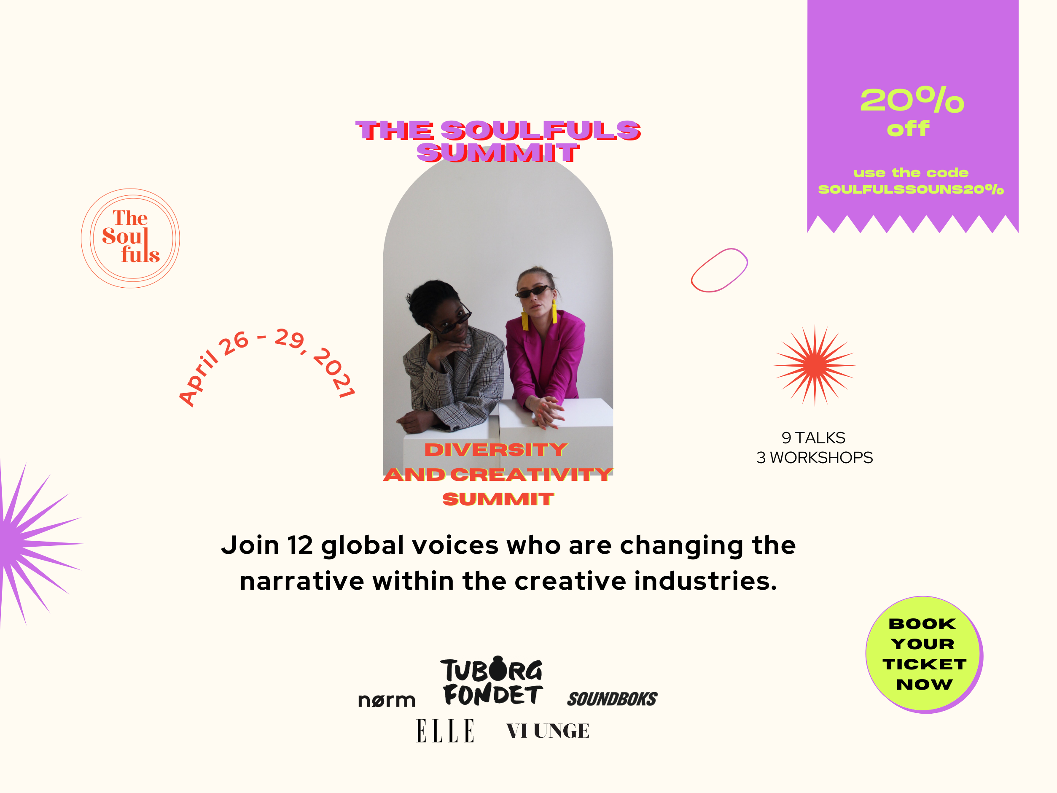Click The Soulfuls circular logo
(130, 238)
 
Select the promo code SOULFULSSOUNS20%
(911, 189)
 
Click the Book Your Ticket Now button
(924, 654)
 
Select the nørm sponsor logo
(387, 700)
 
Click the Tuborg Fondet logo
(492, 681)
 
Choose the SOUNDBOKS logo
(612, 699)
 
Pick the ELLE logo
(445, 731)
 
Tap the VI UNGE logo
(548, 731)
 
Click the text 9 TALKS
(813, 438)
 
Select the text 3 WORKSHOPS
(815, 457)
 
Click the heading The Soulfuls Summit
(498, 141)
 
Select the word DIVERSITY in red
(496, 450)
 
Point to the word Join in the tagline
(250, 545)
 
